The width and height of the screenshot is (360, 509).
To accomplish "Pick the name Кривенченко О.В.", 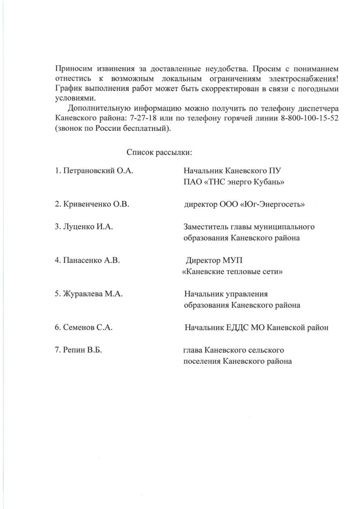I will coord(92,204).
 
